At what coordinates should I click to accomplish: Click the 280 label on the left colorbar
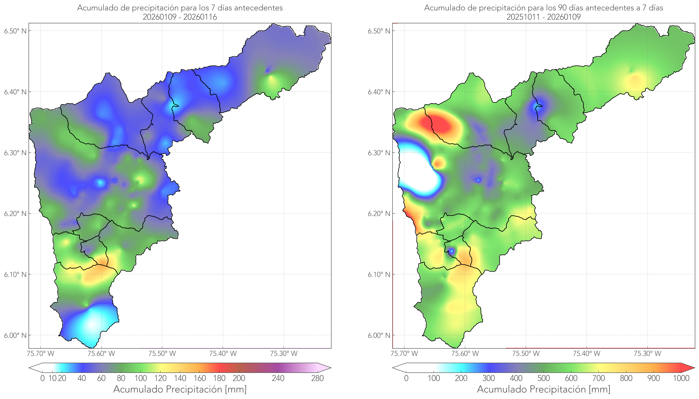coord(317,378)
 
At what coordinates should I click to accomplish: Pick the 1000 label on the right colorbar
coord(681,378)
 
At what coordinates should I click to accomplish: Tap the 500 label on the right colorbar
coord(544,378)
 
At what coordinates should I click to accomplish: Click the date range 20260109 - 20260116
coord(180,17)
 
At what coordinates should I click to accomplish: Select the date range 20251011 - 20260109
coord(544,17)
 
